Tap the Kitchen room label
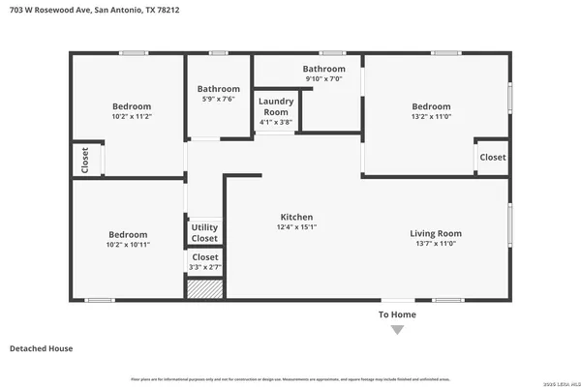tap(296, 217)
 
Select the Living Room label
tap(436, 233)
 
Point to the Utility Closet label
tap(204, 232)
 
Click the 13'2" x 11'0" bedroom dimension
tap(431, 117)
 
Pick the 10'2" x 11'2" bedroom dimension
tap(129, 117)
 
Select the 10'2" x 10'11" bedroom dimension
tap(128, 245)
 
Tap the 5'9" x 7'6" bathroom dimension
tap(219, 99)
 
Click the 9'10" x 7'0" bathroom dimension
tap(323, 79)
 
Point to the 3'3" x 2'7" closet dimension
tap(204, 267)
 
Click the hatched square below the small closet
tap(204, 287)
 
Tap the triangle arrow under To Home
tap(397, 331)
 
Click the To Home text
tap(397, 315)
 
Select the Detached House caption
tap(41, 348)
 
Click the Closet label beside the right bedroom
tap(493, 157)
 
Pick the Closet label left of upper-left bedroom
tap(85, 160)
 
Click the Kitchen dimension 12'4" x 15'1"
tap(296, 227)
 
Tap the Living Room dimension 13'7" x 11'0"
tap(436, 244)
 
